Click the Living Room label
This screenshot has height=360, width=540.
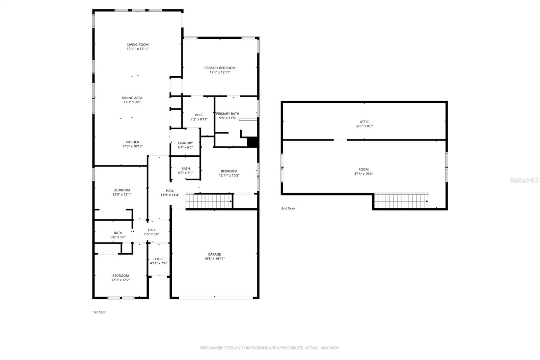tap(138, 45)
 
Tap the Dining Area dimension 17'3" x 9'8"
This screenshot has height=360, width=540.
tap(132, 102)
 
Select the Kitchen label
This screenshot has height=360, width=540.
tap(132, 142)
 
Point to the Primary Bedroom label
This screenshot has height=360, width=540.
tap(220, 68)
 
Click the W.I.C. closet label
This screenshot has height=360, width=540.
tap(199, 115)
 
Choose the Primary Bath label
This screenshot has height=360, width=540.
tap(227, 114)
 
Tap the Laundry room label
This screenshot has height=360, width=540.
tap(185, 143)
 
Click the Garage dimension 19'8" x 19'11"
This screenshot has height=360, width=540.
tap(214, 259)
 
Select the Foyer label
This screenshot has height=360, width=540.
tap(158, 259)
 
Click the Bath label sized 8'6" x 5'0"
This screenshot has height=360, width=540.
tap(118, 233)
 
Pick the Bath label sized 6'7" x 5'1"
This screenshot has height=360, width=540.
tap(186, 169)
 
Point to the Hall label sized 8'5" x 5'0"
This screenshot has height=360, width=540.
tap(152, 230)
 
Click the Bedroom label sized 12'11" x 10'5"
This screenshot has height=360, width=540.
tap(229, 171)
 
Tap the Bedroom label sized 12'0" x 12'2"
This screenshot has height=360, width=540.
tap(120, 276)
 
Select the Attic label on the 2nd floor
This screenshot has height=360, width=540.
tap(364, 122)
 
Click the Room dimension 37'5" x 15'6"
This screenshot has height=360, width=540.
tap(363, 174)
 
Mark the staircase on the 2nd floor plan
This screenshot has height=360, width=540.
tap(401, 201)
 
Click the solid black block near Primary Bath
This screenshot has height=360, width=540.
tap(252, 142)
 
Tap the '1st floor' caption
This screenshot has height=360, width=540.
tap(99, 312)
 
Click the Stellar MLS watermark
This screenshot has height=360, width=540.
tap(524, 180)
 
